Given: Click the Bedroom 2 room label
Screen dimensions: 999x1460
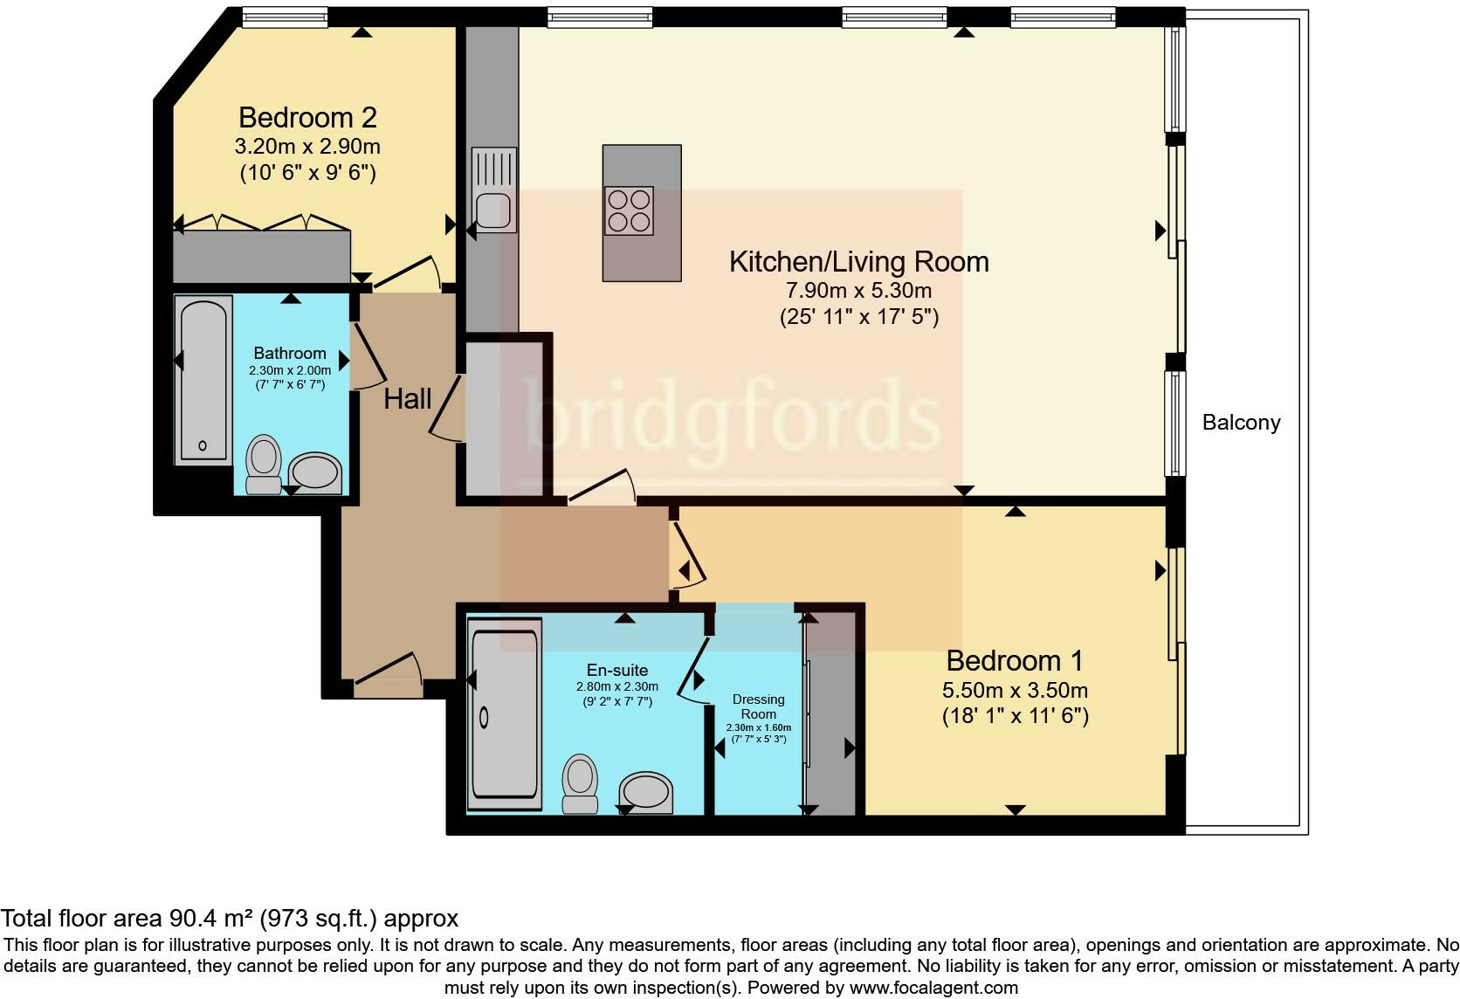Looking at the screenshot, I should click(x=307, y=117).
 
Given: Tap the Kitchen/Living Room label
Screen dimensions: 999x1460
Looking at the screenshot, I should click(x=858, y=261).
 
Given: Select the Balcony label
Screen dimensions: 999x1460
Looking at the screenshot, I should click(x=1241, y=423).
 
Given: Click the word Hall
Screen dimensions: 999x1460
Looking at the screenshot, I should click(x=408, y=399).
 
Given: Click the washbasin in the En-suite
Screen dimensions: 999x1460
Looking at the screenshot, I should click(x=647, y=793).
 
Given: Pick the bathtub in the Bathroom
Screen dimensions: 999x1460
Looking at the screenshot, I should click(x=203, y=380).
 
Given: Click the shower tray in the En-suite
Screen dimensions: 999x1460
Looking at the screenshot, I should click(x=505, y=718).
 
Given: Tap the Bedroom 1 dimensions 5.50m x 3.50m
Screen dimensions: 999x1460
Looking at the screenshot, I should click(x=1015, y=691).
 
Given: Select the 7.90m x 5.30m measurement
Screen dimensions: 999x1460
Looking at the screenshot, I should click(x=858, y=291).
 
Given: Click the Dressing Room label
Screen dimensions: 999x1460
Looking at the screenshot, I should click(x=758, y=706).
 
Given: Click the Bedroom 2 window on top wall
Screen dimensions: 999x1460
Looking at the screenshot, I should click(x=285, y=15).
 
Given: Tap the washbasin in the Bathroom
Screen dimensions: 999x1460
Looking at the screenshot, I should click(x=315, y=472).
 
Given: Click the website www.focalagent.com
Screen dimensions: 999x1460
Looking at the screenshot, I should click(x=933, y=989).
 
